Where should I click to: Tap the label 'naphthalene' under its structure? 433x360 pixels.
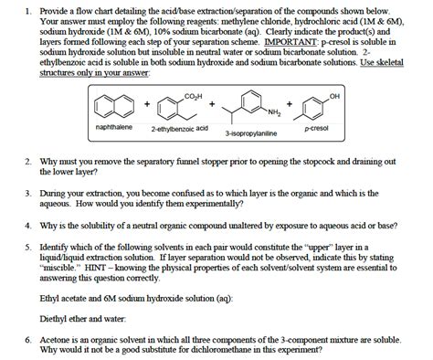coord(115,129)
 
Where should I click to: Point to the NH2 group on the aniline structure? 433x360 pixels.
coord(273,111)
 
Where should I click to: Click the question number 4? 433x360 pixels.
coord(28,224)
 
